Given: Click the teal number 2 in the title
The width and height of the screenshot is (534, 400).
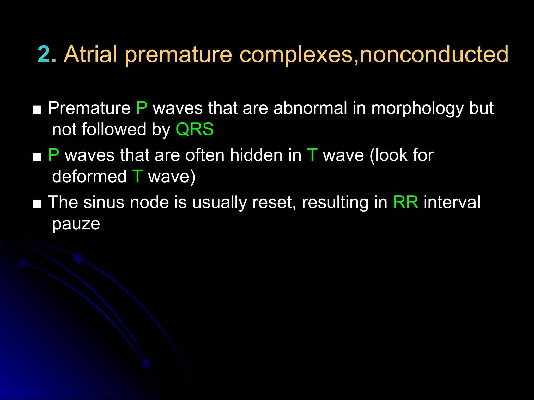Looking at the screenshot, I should coord(44,55).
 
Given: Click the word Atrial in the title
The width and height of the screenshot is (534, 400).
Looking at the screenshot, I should coord(90,55).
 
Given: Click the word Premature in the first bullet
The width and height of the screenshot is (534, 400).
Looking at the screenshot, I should coord(89,108).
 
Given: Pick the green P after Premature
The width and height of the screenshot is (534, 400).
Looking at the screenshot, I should coord(142,108).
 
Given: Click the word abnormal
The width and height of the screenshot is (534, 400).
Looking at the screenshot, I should coord(310,108).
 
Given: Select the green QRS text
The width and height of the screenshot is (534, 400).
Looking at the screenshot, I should coord(195,129).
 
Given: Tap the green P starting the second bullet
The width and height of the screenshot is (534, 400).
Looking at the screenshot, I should coord(53,155).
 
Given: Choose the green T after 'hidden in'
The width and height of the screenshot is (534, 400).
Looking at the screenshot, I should coord(312,155).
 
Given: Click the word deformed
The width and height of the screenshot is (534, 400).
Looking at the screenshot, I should coord(89,177).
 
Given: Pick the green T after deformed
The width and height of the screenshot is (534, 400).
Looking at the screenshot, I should coord(137,177).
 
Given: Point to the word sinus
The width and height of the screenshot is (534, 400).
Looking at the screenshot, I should coord(104,203).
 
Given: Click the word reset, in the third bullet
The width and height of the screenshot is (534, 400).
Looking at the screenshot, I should coord(274,203).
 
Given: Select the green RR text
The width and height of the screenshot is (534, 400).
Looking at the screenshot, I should coord(405,203).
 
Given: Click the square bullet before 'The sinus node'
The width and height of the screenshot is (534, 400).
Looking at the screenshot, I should coord(37,204).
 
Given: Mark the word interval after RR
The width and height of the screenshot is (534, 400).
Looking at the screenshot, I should coord(452,203).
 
